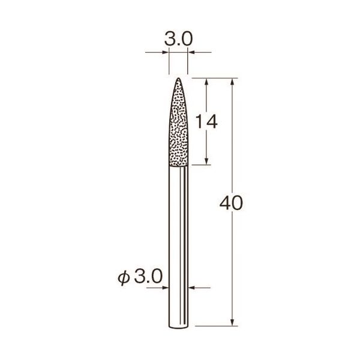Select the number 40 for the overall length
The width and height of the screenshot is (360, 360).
click(x=231, y=203)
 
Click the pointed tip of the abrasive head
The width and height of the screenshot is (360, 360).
click(x=178, y=79)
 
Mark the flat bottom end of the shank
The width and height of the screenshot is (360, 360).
click(x=178, y=327)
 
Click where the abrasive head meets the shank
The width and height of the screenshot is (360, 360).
click(x=178, y=165)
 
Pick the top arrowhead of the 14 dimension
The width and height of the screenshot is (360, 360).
click(x=208, y=81)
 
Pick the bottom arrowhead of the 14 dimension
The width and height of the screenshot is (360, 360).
click(x=208, y=162)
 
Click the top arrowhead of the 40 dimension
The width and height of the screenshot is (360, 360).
click(x=232, y=81)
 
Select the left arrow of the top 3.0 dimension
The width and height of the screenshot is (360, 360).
click(x=166, y=53)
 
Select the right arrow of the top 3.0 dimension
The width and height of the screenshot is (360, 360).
click(x=191, y=53)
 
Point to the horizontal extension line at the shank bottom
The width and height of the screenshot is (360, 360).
click(x=216, y=328)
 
